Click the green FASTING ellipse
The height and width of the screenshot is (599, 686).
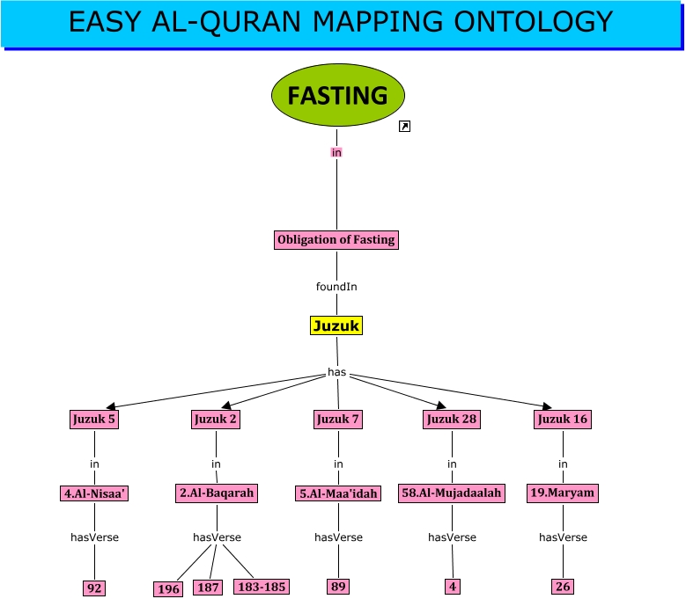coord(338,95)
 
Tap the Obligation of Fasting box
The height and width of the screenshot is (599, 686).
coord(336,240)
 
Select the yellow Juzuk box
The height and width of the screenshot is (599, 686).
coord(336,325)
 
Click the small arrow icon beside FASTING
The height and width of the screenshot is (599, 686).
coord(404,127)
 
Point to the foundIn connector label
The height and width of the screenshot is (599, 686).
coord(336,287)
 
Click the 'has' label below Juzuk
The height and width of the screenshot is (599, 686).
coord(337,372)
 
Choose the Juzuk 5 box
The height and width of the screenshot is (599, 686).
coord(94,419)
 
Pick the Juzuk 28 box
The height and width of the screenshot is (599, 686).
coord(452,419)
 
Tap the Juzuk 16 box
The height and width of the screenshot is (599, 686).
coord(562,419)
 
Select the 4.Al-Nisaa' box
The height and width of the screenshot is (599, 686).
coord(94,493)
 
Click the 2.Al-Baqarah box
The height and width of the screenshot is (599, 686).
coord(217,493)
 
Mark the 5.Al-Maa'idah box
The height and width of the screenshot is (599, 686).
coord(338,493)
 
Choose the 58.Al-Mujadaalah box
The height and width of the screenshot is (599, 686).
coord(452,493)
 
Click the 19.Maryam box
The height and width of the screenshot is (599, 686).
coord(562,493)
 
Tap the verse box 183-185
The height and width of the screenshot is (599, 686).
coord(262,587)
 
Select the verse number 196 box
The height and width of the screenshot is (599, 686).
coord(168,589)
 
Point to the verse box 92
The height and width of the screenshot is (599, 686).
coord(94,588)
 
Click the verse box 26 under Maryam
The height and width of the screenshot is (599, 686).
coord(563,587)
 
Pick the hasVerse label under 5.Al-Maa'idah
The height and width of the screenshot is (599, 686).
coord(339,537)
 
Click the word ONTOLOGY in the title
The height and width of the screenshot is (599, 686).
coord(534,21)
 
